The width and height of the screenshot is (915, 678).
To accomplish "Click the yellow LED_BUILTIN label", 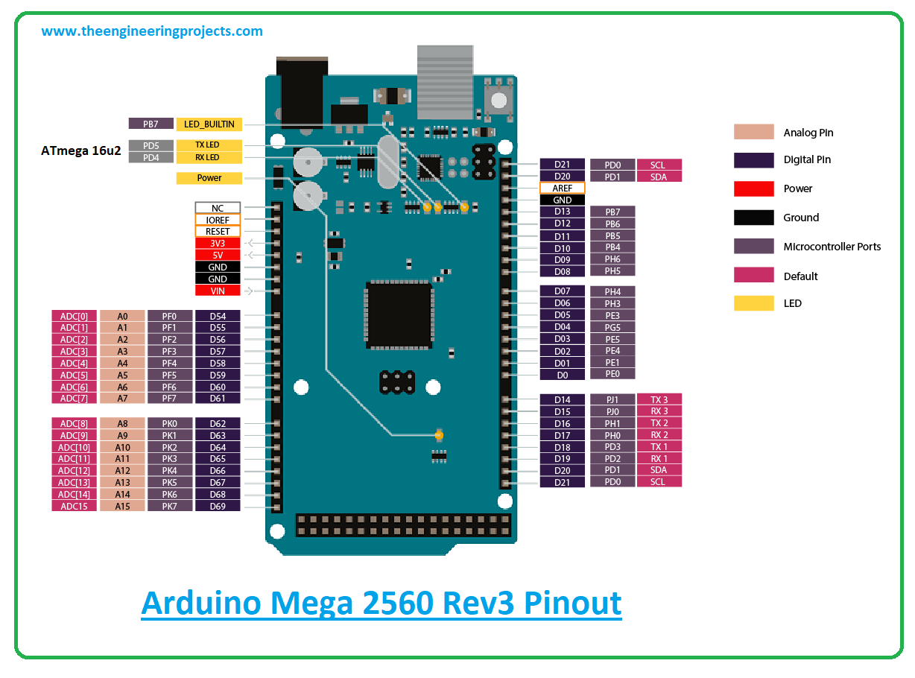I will [x=209, y=124].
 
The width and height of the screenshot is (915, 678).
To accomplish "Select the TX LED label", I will [x=209, y=145].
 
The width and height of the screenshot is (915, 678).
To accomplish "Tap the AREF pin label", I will [x=563, y=188].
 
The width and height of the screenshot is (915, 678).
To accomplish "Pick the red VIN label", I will [x=218, y=291].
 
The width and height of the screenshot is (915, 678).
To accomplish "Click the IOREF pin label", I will [x=218, y=220].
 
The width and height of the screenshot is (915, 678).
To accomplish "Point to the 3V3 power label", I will [x=218, y=243].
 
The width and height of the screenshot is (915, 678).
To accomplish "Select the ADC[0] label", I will [x=74, y=316].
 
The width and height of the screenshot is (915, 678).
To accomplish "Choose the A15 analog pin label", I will [x=122, y=506].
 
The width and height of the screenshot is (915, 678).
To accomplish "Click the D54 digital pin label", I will [x=218, y=316].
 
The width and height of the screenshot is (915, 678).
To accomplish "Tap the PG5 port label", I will [x=612, y=327].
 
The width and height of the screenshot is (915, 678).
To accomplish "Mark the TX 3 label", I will [x=659, y=399].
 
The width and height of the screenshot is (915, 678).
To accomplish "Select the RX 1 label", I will [x=659, y=458].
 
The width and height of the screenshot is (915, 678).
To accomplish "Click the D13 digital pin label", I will [x=563, y=212].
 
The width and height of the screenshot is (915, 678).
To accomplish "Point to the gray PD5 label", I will [x=151, y=145].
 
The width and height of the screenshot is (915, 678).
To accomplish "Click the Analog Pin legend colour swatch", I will [x=754, y=132].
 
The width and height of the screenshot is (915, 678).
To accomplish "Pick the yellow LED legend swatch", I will [x=754, y=303].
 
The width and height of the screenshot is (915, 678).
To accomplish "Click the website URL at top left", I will [x=152, y=31].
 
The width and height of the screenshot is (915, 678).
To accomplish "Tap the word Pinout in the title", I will [x=574, y=602].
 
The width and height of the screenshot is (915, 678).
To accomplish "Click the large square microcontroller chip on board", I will [x=399, y=314].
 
